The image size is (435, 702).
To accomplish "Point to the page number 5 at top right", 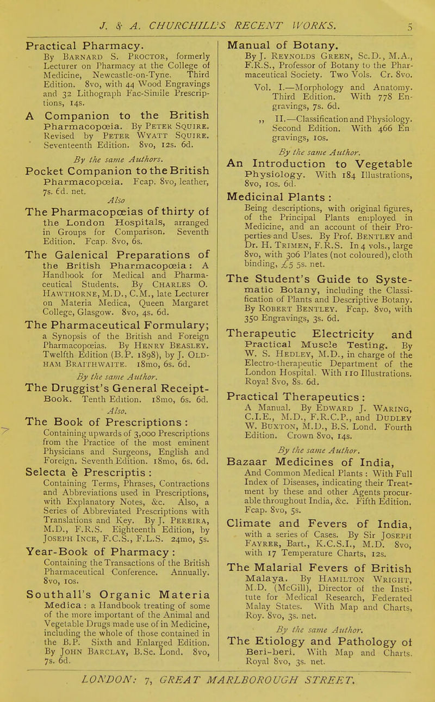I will pyautogui.click(x=416, y=8).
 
